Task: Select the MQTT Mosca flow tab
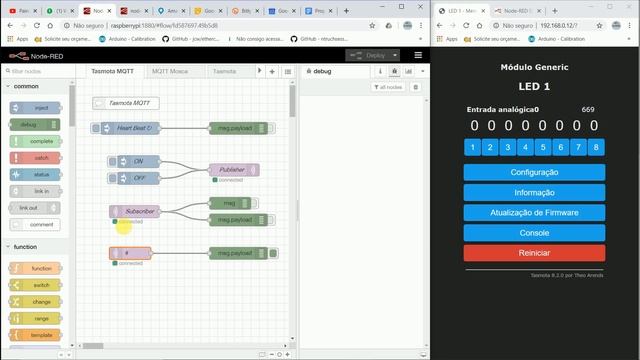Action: pos(170,72)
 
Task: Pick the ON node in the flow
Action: pos(138,161)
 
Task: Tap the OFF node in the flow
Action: pos(138,177)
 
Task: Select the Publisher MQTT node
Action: pos(233,169)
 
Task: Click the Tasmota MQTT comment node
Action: pos(128,103)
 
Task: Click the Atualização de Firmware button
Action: pos(534,212)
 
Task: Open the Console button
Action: pos(534,232)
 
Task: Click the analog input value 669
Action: pos(587,109)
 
